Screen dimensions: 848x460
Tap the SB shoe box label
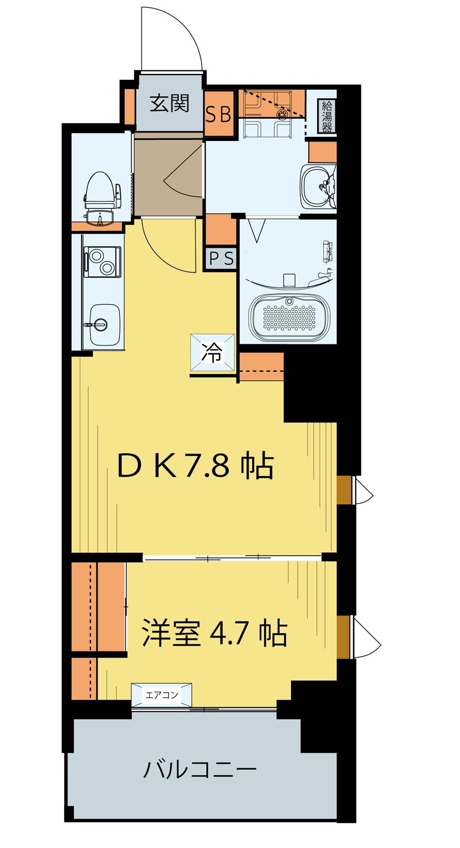coord(219,115)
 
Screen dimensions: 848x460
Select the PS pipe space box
coord(220,258)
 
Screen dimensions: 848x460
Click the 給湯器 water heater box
coord(327,116)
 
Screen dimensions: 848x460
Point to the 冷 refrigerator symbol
coord(213,354)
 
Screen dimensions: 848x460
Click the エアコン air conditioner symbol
coord(162,695)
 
